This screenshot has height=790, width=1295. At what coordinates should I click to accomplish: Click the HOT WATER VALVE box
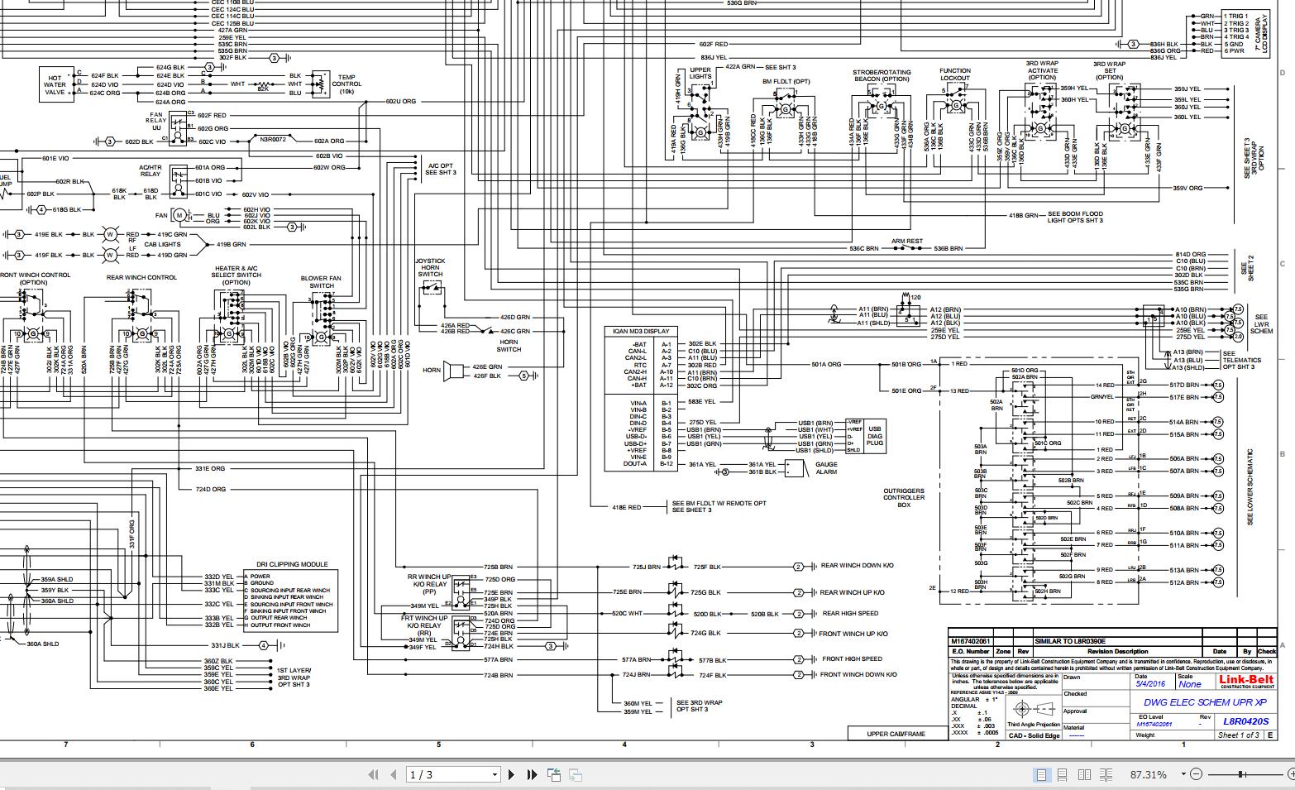[55, 84]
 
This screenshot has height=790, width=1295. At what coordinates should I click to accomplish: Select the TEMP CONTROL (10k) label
[346, 84]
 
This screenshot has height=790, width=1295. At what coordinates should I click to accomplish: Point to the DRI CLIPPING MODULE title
[292, 564]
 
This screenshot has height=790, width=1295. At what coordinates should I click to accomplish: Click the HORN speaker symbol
[453, 371]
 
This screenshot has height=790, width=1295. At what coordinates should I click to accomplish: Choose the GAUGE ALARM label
[826, 468]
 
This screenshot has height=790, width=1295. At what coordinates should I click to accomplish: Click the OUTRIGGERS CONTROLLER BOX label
[904, 497]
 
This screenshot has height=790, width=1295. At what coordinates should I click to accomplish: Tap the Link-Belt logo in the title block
[1246, 681]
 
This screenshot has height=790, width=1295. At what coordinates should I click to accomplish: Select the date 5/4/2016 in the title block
[1149, 684]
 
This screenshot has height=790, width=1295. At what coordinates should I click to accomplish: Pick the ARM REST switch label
[907, 242]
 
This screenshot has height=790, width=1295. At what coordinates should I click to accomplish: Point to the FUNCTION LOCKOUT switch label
[955, 74]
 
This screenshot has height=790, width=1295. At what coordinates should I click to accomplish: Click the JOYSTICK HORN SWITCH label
[430, 267]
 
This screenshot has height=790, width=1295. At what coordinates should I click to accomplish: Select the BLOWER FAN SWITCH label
[322, 282]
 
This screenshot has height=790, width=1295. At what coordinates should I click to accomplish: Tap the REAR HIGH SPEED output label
[850, 614]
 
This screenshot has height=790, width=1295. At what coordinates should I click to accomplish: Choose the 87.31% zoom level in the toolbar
[1149, 775]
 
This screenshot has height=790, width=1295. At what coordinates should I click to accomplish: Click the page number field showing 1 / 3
[454, 775]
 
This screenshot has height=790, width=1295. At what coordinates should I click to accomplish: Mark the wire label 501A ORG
[826, 364]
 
